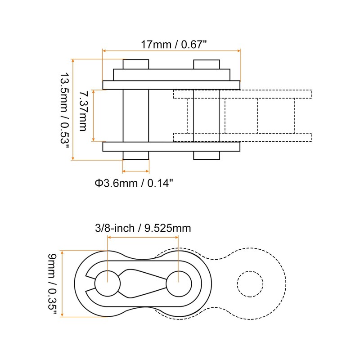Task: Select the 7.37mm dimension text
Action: point(82,111)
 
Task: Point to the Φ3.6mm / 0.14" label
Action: point(134,183)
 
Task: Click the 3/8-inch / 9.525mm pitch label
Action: point(143,228)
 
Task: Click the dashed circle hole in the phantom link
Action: point(250,284)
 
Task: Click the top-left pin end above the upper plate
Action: point(135,64)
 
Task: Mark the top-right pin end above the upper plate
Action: point(207,64)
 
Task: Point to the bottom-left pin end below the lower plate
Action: point(135,155)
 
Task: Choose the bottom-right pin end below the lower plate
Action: point(207,155)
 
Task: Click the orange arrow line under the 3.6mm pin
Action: point(135,171)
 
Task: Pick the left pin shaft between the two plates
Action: point(135,116)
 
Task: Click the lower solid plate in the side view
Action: point(171,147)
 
